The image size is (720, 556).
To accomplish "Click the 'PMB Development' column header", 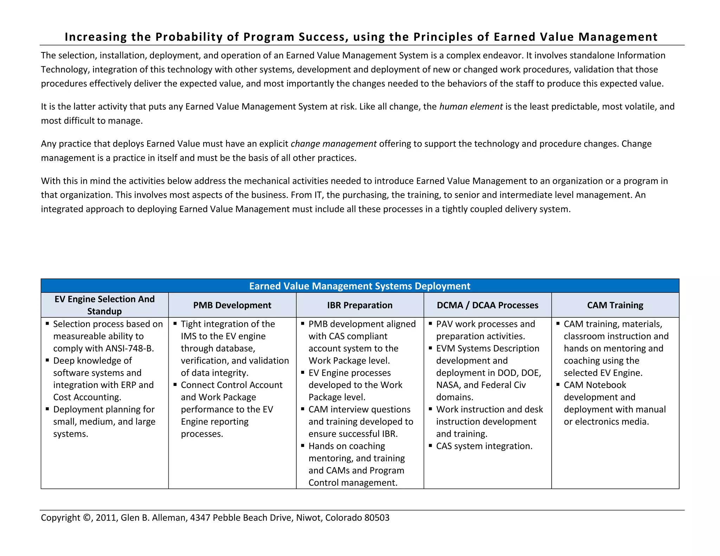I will [232, 305].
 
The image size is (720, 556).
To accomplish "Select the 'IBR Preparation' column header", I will [360, 305].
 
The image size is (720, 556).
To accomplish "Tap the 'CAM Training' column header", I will [615, 305].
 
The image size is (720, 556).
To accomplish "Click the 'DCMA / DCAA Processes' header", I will [487, 305].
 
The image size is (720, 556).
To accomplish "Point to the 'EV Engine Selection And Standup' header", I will [104, 305].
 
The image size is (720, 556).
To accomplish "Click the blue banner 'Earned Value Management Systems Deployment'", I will [360, 286].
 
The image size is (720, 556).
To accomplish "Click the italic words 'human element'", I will [471, 106].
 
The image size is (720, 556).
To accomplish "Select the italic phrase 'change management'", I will [333, 144].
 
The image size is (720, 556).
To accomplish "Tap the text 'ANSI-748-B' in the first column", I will [129, 348].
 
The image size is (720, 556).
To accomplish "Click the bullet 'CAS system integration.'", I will [484, 446].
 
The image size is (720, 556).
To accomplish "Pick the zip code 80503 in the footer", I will [377, 518].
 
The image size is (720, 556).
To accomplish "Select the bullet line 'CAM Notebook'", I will [595, 385].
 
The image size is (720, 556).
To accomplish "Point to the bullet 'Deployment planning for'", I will [104, 409].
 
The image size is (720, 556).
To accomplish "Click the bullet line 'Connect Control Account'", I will [231, 385].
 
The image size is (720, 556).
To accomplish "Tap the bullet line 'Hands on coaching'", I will [347, 446].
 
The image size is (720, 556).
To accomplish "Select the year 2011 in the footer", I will [106, 518].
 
